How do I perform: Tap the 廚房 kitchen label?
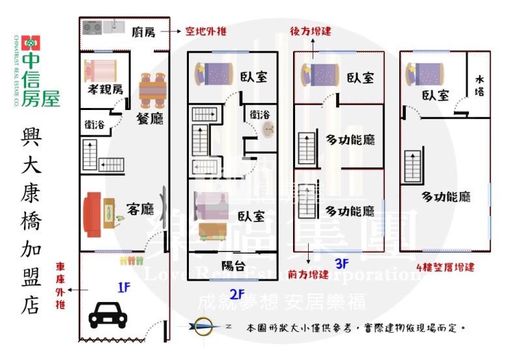coord(143,31)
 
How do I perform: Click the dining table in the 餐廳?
coord(153,89)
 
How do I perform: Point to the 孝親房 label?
coord(104,89)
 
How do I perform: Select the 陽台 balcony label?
coord(233,265)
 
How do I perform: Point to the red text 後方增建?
coord(311,31)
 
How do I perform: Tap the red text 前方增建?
coord(309,275)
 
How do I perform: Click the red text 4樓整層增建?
coord(445,266)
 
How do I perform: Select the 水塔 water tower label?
coord(479,86)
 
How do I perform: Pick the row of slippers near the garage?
coord(131,260)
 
